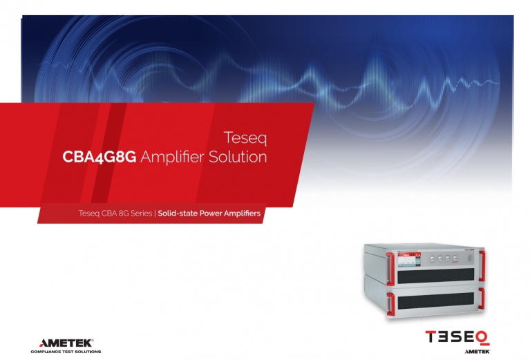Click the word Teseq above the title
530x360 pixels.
245,138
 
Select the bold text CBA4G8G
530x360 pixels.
100,157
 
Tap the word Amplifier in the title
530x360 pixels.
172,157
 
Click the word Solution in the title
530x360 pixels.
238,157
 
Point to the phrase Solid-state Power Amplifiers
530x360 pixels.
209,214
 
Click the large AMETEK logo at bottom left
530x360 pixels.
66,343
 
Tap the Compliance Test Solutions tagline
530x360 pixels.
66,352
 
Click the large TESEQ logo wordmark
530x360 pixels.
457,337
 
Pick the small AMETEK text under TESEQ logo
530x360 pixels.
477,352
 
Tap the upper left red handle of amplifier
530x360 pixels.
390,269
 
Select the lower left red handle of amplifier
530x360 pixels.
390,304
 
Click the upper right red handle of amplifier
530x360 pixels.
482,265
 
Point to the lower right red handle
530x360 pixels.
482,299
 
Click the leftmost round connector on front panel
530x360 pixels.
433,259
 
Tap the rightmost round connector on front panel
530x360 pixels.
455,258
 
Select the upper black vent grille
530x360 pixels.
436,276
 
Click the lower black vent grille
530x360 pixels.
436,301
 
